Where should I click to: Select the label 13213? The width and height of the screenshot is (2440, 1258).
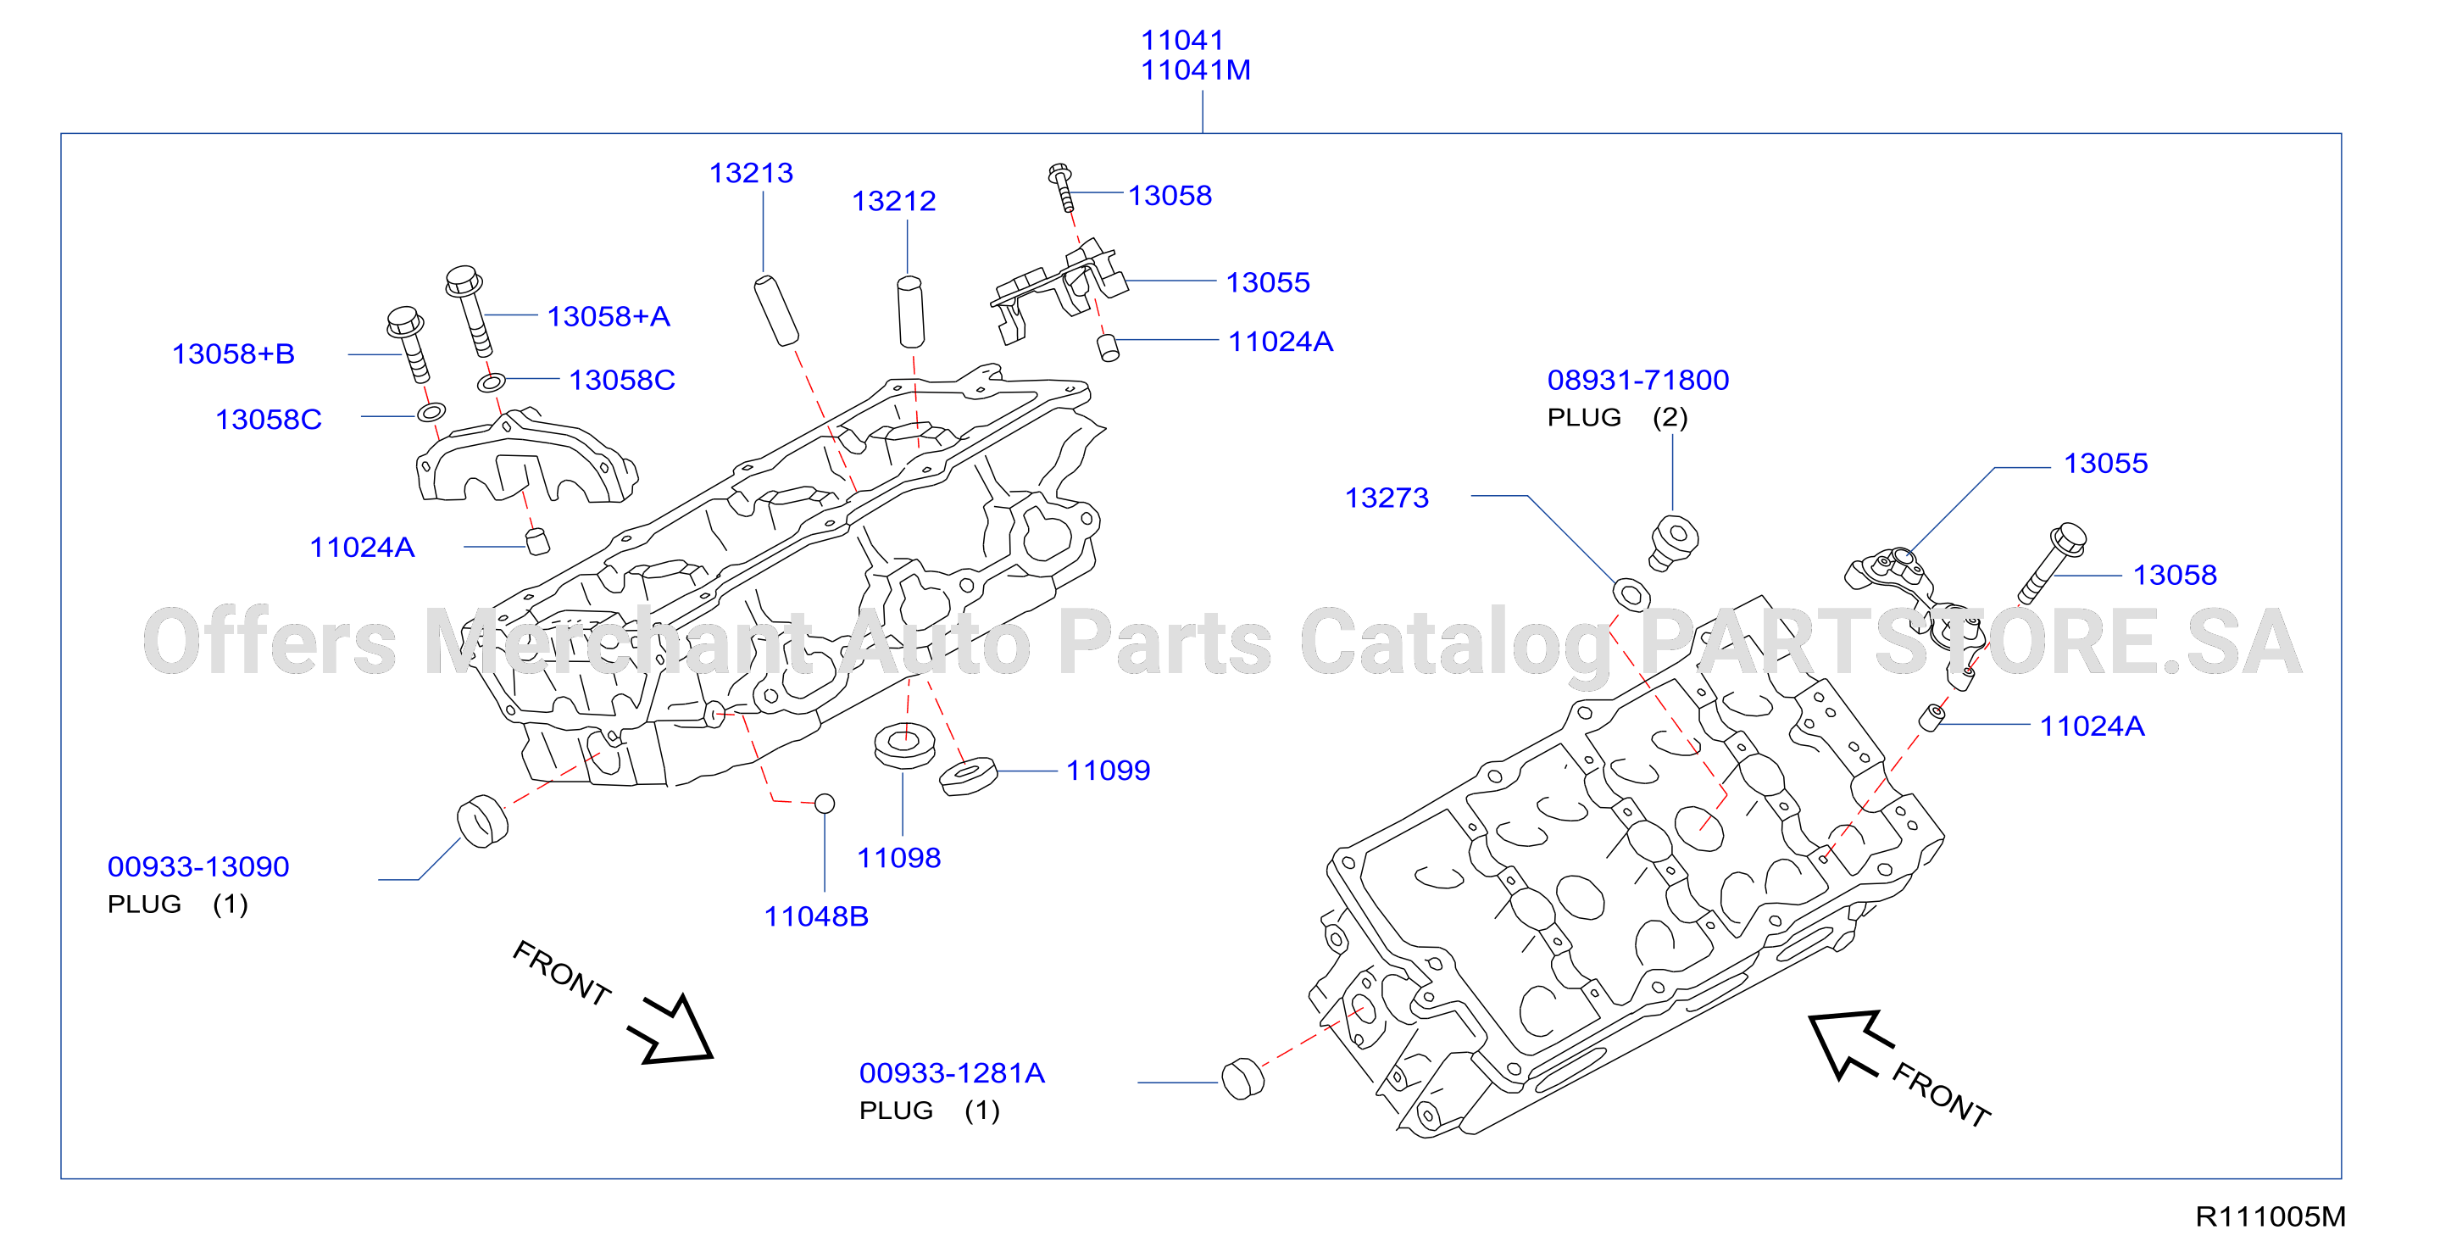(x=751, y=173)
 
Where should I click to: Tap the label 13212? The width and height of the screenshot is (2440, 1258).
(x=893, y=201)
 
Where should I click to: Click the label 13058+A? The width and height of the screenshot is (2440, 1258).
(x=609, y=316)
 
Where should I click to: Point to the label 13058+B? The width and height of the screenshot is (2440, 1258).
(x=233, y=354)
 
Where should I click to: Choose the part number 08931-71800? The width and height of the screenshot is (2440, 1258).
(x=1637, y=380)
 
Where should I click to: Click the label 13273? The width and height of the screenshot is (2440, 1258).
(x=1387, y=498)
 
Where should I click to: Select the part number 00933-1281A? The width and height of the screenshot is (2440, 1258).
(x=952, y=1073)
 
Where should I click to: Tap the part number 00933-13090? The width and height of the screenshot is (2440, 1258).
(x=198, y=866)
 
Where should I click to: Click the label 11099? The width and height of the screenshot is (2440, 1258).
(x=1109, y=771)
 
